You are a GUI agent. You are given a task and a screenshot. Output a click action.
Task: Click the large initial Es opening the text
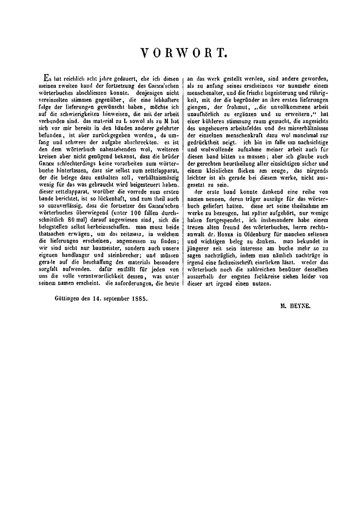coord(46,78)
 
